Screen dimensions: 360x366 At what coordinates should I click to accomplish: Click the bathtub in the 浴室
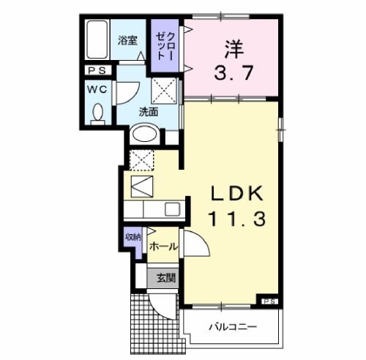tap(95, 43)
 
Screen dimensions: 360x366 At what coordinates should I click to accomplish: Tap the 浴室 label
tap(127, 40)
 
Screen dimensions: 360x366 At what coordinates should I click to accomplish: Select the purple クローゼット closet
tap(164, 45)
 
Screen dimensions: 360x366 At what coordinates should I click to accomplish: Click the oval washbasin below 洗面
tap(145, 135)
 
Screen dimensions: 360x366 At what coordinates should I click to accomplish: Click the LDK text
tap(233, 193)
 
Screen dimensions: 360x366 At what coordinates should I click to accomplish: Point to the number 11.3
tap(233, 218)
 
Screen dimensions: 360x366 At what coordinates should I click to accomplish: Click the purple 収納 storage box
tap(132, 239)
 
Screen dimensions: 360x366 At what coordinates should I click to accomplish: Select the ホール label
tap(163, 247)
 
